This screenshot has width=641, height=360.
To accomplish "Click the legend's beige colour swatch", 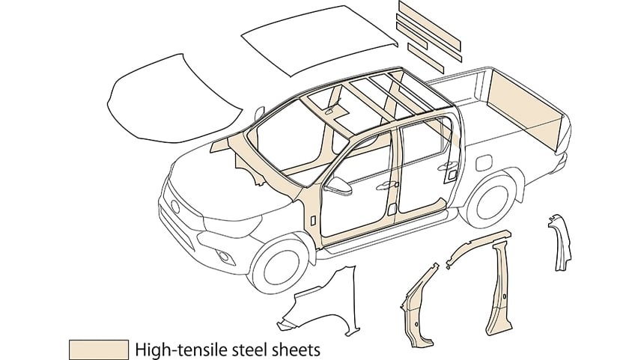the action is (x=99, y=350).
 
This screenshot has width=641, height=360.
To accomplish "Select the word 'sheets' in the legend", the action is (x=296, y=350).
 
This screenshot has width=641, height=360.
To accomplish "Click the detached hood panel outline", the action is (x=176, y=100).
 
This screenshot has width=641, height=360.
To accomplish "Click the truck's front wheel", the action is (x=282, y=266).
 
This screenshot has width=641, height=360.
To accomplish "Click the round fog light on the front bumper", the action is (x=224, y=257).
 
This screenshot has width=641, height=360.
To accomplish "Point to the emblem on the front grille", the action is (x=175, y=206).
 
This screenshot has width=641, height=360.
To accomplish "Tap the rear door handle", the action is (x=446, y=166).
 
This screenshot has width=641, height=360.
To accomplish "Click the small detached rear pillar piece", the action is (x=561, y=242).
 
